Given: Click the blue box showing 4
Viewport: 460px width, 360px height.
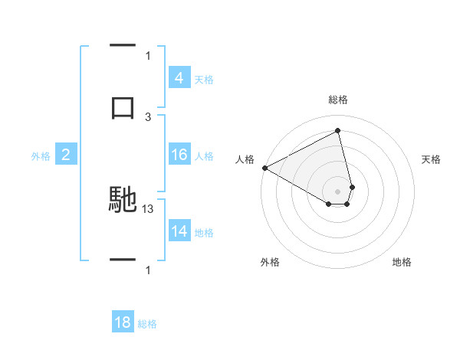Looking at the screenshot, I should tap(179, 78).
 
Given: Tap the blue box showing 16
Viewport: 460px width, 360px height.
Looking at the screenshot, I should tap(179, 155).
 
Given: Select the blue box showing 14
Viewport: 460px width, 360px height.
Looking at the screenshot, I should tap(179, 231).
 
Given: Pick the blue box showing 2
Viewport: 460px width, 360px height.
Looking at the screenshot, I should tap(65, 155).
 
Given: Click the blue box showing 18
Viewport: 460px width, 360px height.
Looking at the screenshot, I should tap(123, 322).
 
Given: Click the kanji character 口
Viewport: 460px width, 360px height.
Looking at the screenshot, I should tap(123, 107).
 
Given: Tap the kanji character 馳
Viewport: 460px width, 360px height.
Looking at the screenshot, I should tap(123, 201).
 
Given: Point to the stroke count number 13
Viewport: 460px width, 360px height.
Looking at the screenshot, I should tap(149, 208).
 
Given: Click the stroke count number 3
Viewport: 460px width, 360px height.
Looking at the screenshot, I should tap(148, 116).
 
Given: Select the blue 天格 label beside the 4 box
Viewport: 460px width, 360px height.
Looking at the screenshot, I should tap(203, 79).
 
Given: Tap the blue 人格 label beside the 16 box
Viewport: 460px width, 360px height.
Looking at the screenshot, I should tap(203, 156).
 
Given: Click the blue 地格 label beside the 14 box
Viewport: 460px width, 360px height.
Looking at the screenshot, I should tap(203, 232).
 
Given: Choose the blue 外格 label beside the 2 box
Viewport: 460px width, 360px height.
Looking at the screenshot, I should tap(41, 156).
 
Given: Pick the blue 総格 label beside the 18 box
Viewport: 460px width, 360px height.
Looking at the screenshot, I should tap(147, 324).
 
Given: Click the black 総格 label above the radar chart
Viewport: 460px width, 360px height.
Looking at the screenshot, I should tap(338, 100).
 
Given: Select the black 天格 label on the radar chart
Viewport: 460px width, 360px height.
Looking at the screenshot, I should tap(432, 159).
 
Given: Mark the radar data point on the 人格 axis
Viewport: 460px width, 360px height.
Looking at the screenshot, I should tap(264, 167).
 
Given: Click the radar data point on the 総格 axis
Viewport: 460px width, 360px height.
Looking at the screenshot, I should tap(338, 130).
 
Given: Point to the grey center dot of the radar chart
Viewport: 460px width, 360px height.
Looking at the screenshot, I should tap(338, 191).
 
